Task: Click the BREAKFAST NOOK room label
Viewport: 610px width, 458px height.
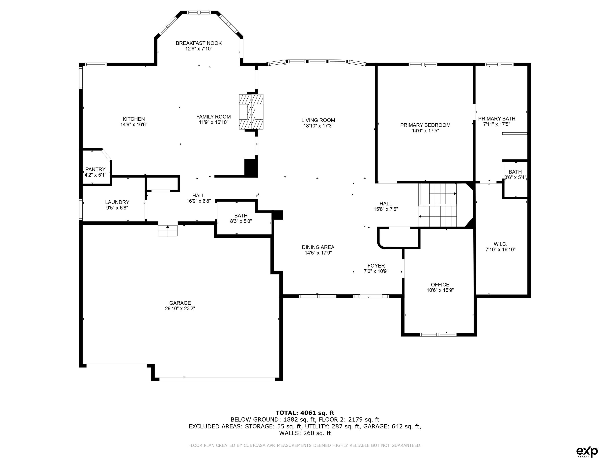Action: (199, 43)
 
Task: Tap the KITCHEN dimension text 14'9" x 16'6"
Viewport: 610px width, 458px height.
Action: (134, 124)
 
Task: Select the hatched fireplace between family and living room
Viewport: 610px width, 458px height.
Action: (251, 112)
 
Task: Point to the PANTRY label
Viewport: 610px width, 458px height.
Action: (95, 169)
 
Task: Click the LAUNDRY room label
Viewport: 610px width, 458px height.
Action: (117, 202)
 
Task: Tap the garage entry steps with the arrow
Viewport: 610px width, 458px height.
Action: (168, 231)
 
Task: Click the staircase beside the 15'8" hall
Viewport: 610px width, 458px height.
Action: (438, 205)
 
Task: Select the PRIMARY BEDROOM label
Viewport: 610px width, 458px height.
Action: (425, 125)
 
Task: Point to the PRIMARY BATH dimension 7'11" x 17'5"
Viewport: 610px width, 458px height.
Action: (497, 124)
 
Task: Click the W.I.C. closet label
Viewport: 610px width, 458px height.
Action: (500, 244)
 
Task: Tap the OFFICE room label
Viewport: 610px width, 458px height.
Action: (440, 285)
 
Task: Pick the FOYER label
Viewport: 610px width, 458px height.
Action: (376, 266)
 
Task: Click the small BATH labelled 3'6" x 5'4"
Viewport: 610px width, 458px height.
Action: (515, 175)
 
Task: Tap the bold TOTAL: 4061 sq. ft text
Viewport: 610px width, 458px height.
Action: (305, 413)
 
